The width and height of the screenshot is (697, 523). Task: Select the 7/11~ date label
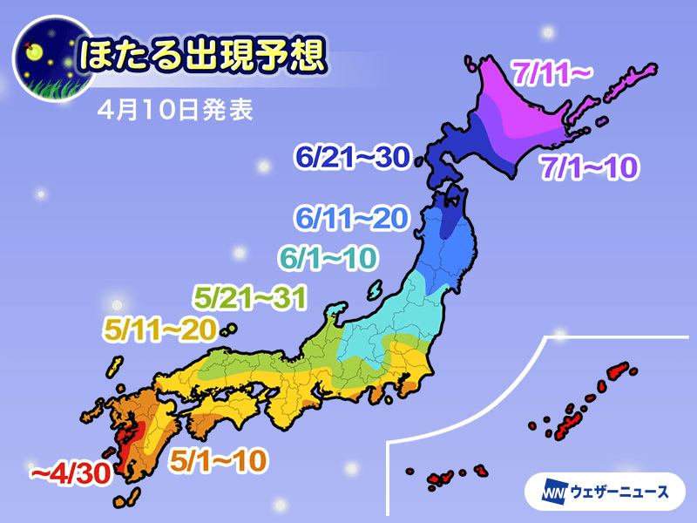coord(552,75)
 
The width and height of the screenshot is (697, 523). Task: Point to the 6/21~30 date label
coord(353,159)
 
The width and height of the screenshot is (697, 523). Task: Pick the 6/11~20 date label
coord(351,219)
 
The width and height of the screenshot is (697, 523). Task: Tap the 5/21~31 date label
coord(250,298)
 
